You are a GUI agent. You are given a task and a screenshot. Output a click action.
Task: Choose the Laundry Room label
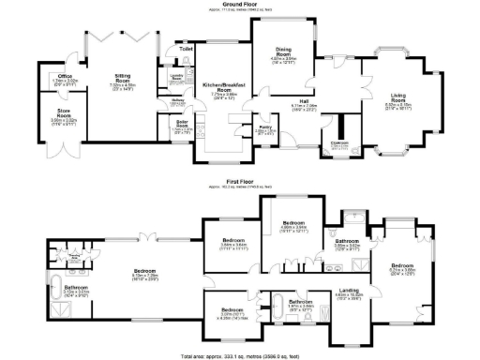tap(176, 78)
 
